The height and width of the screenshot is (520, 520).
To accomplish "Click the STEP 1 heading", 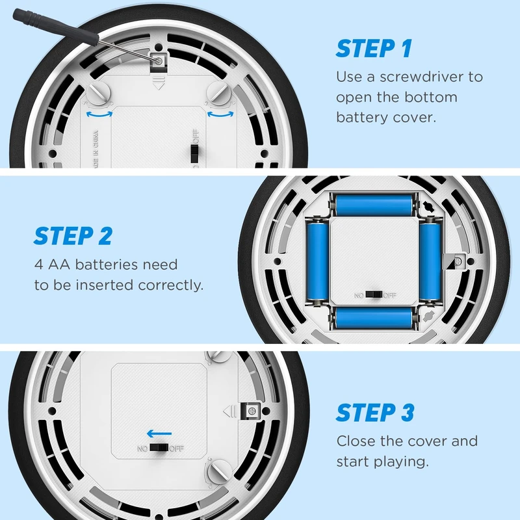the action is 374,48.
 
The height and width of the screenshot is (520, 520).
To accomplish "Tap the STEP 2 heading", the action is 73,236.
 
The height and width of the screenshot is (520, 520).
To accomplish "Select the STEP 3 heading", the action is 375,412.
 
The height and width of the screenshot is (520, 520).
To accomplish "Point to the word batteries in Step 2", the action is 106,265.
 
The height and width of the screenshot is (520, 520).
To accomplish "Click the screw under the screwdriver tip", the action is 159,60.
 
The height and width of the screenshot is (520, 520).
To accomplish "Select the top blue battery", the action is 374,205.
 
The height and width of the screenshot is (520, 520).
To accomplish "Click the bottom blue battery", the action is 374,318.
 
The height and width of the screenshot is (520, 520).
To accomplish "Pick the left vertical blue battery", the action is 317,261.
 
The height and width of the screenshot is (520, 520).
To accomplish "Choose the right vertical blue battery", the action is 430,261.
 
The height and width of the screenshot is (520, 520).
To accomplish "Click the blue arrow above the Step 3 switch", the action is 159,434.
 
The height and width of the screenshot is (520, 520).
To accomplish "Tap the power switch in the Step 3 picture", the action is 159,448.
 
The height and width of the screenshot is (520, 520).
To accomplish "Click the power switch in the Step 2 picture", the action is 374,294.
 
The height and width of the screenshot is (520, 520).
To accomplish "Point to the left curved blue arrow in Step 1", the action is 99,114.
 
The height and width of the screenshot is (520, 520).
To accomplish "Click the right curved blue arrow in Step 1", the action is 220,114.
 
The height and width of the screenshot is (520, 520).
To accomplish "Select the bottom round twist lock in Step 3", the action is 219,471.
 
